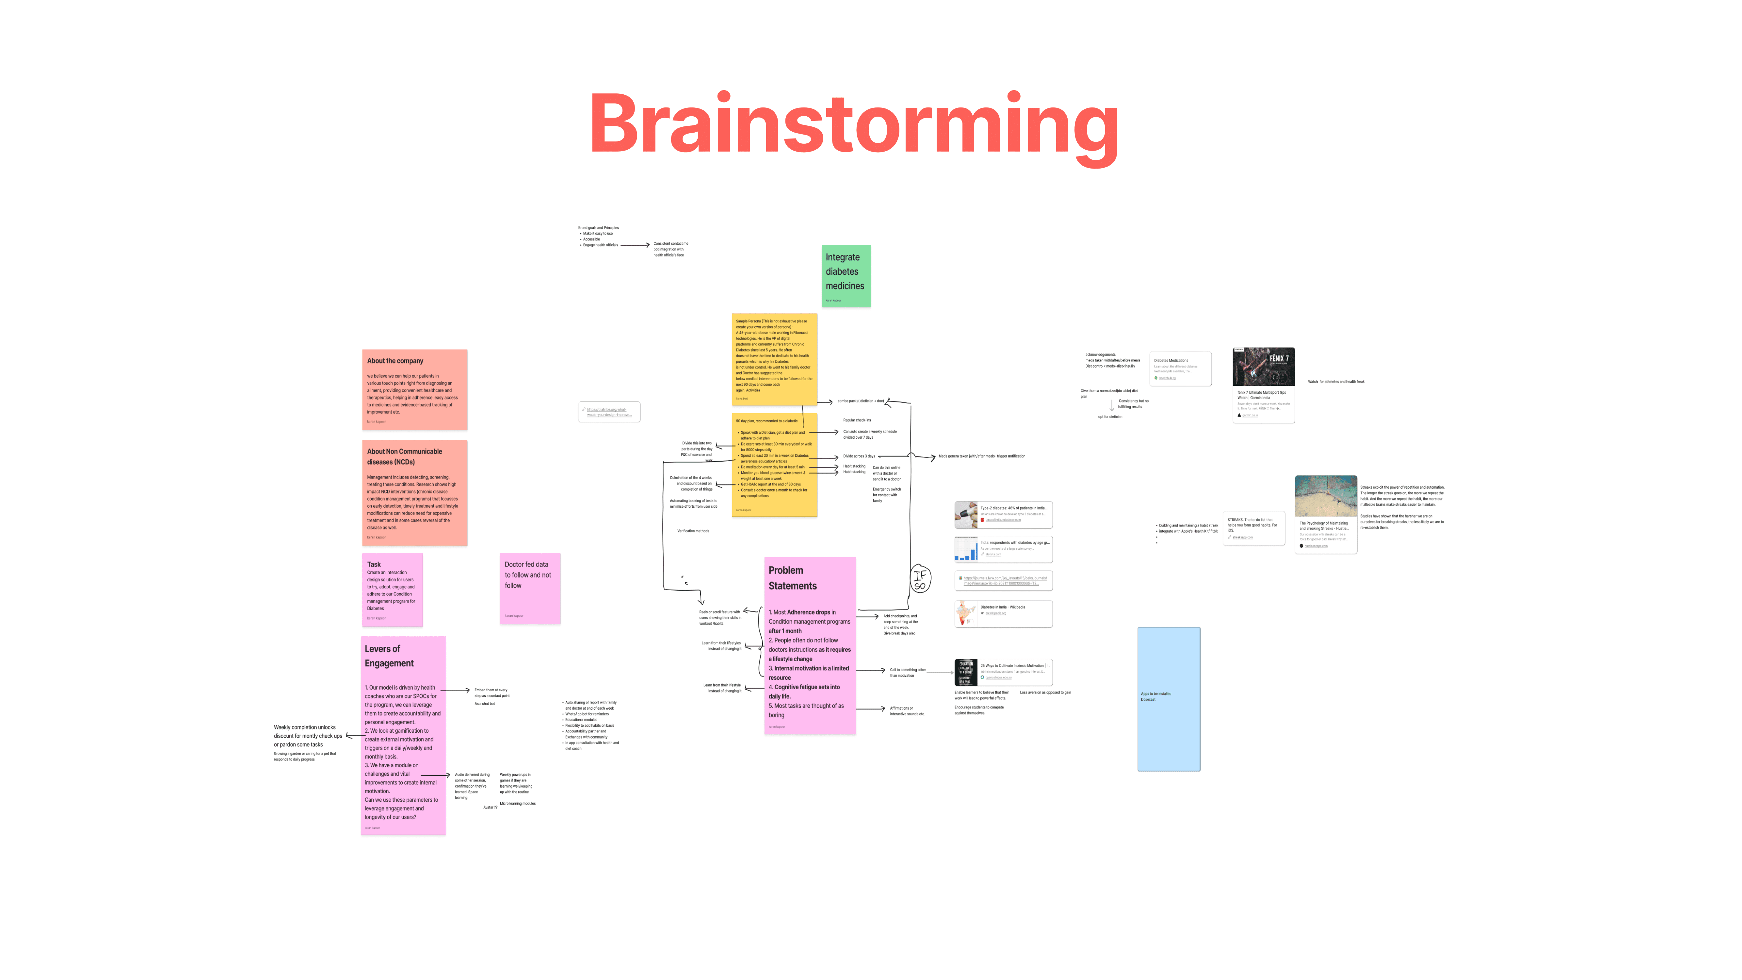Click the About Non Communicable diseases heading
[404, 457]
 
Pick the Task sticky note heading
[374, 564]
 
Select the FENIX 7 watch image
[1263, 367]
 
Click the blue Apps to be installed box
[1169, 699]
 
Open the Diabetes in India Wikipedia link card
[1003, 613]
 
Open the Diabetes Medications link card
[1181, 368]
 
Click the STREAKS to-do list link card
[1253, 528]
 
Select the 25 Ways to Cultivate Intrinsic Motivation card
[1003, 672]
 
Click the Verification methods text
[693, 531]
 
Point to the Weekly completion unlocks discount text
[308, 736]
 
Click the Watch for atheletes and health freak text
[1336, 382]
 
